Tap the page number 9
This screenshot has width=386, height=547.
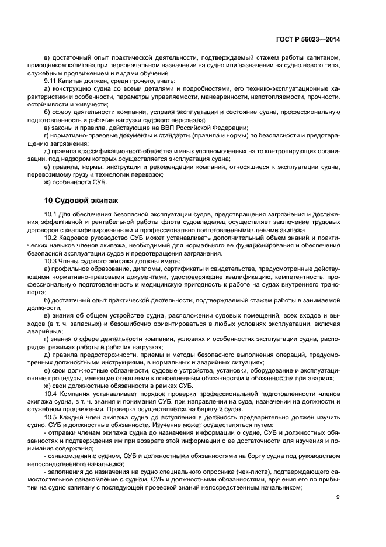pyautogui.click(x=338, y=497)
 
